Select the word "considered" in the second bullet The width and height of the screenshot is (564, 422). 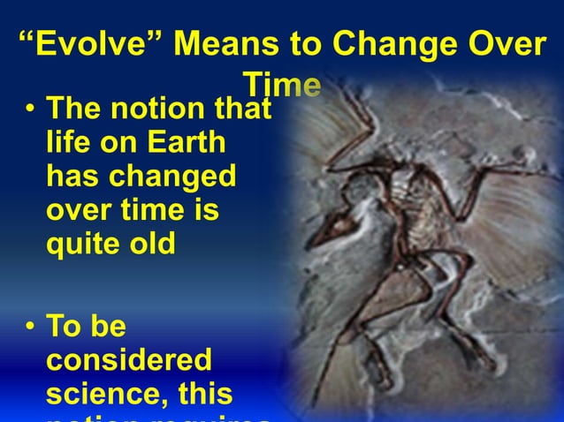pos(129,360)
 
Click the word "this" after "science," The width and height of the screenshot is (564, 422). pos(205,391)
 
